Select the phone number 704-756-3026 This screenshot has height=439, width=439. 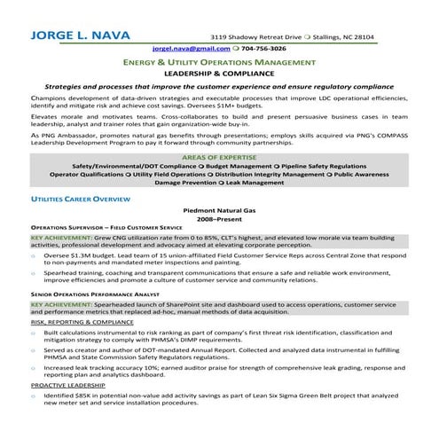264,49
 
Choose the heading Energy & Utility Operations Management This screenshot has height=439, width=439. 218,64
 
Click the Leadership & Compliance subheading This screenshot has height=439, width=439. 218,75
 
